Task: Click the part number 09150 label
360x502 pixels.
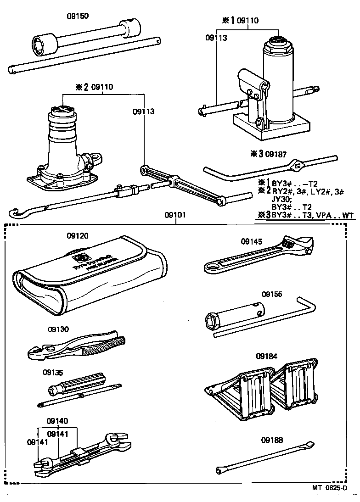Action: (x=77, y=16)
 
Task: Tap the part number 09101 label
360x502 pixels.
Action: (x=175, y=215)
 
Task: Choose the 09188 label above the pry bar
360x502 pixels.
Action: (x=271, y=440)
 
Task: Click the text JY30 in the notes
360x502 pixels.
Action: (x=281, y=199)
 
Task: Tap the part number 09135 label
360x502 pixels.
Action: (x=54, y=372)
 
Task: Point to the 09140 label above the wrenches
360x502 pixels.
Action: (x=57, y=421)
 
